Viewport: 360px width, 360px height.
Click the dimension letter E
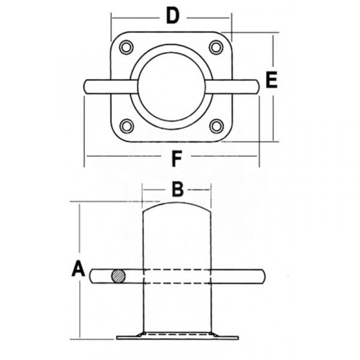point(271,80)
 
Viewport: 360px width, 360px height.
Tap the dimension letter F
point(177,158)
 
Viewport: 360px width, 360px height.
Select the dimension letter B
point(178,190)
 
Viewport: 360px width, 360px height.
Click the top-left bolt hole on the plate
point(126,47)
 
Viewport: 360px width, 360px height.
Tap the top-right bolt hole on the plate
point(216,47)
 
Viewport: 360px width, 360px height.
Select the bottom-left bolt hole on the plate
point(127,126)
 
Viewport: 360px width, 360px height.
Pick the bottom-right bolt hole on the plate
point(217,126)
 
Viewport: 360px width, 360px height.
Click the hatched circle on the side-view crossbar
point(118,276)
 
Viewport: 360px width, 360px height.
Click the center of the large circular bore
point(172,86)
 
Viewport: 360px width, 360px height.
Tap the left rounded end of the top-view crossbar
point(86,86)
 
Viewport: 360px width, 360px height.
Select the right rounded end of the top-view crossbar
point(257,86)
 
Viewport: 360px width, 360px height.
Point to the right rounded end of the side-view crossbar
point(262,277)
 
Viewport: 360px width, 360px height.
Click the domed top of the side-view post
point(177,205)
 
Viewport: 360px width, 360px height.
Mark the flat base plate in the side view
point(178,337)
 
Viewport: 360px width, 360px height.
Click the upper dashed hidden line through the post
point(177,269)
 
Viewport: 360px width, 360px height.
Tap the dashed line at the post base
point(177,334)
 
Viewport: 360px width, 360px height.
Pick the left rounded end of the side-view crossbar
point(92,276)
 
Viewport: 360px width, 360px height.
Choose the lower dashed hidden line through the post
point(177,283)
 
